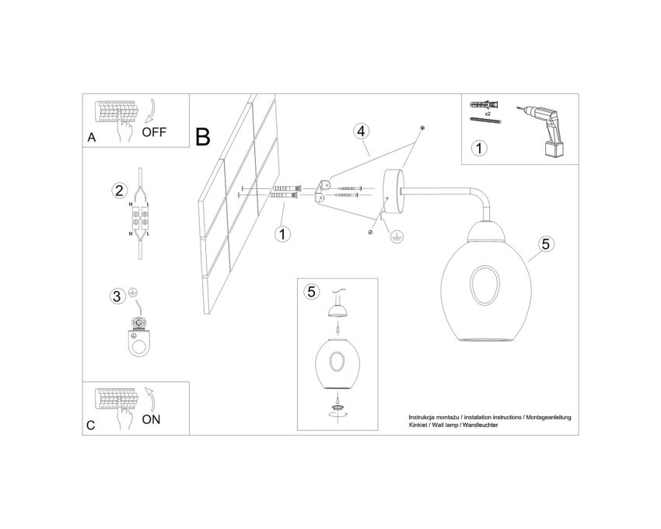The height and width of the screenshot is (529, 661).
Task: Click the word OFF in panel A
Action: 154,132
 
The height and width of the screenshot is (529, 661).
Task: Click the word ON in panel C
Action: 152,419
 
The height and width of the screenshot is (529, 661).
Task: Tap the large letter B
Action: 203,137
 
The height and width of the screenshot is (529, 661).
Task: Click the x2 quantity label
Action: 488,114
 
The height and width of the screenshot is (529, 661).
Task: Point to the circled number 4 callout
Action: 362,131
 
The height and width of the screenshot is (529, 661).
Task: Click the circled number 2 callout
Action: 119,191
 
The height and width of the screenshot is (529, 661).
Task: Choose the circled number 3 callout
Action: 117,296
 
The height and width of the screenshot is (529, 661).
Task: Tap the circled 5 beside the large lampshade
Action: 546,243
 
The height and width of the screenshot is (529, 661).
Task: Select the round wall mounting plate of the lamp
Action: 392,191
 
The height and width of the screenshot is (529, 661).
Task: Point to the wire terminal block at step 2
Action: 140,218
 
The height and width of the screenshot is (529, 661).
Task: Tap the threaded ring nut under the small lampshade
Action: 337,408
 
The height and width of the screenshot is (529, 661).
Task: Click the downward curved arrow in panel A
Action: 151,112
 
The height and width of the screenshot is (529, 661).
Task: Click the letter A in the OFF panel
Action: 92,138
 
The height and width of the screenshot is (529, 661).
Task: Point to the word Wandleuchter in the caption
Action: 480,426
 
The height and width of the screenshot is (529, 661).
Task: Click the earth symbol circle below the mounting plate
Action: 395,237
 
